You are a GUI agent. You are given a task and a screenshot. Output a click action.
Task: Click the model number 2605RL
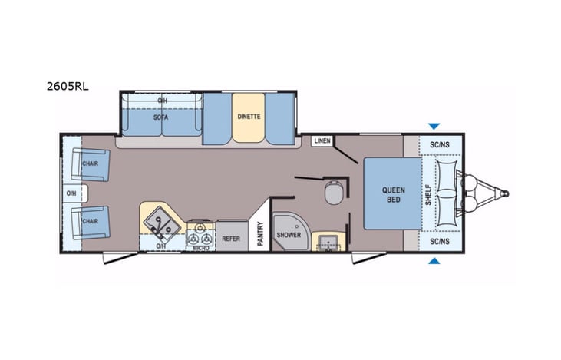click(68, 86)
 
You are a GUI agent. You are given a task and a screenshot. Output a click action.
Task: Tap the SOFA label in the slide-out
click(160, 117)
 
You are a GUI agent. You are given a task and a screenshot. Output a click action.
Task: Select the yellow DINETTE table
click(248, 117)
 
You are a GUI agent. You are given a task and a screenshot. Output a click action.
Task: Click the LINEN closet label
click(321, 141)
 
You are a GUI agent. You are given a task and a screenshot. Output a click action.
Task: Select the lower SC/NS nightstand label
click(440, 241)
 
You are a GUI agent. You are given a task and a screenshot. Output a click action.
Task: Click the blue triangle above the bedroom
click(434, 126)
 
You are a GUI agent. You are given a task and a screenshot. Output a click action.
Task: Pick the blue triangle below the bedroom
click(434, 262)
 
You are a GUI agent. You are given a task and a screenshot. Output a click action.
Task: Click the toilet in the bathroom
click(334, 193)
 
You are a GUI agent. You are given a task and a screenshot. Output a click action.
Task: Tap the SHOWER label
click(289, 235)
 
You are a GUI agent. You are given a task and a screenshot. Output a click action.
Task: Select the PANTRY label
click(260, 234)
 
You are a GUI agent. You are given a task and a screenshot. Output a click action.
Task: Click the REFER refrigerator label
click(231, 238)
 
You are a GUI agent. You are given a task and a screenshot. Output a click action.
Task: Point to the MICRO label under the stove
click(200, 247)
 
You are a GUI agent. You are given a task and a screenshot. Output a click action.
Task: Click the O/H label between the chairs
click(71, 193)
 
